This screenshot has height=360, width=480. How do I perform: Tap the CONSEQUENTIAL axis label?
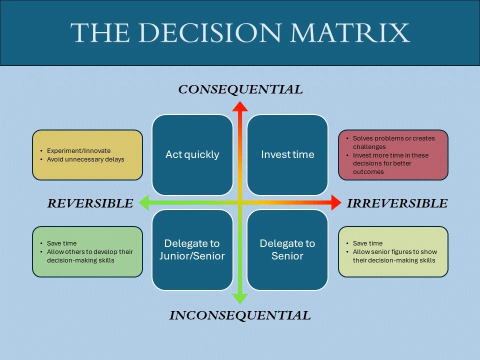coord(240,89)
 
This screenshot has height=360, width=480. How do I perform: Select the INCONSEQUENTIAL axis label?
coord(240,315)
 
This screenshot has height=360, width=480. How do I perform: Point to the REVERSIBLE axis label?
coord(90,203)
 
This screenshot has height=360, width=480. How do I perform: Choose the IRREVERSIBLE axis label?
coord(397,203)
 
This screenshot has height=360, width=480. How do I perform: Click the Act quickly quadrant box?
coord(192,154)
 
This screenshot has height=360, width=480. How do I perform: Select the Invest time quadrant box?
coord(287,154)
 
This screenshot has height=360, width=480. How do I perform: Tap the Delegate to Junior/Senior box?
coord(192,249)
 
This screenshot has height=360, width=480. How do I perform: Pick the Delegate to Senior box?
coord(287,249)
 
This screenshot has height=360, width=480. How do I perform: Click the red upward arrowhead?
coord(240,106)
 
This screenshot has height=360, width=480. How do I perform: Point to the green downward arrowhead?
coord(240,298)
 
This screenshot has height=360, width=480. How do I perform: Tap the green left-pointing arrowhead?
coord(144,202)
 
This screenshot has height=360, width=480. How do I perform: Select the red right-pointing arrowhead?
coord(335,202)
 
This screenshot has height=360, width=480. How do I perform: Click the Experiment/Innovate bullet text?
coord(78,150)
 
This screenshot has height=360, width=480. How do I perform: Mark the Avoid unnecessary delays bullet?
coord(85,159)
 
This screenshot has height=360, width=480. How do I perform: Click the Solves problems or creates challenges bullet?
coord(393,142)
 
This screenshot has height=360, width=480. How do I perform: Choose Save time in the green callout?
coord(61,243)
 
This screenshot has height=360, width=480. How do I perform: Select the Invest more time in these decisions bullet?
coord(390,163)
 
